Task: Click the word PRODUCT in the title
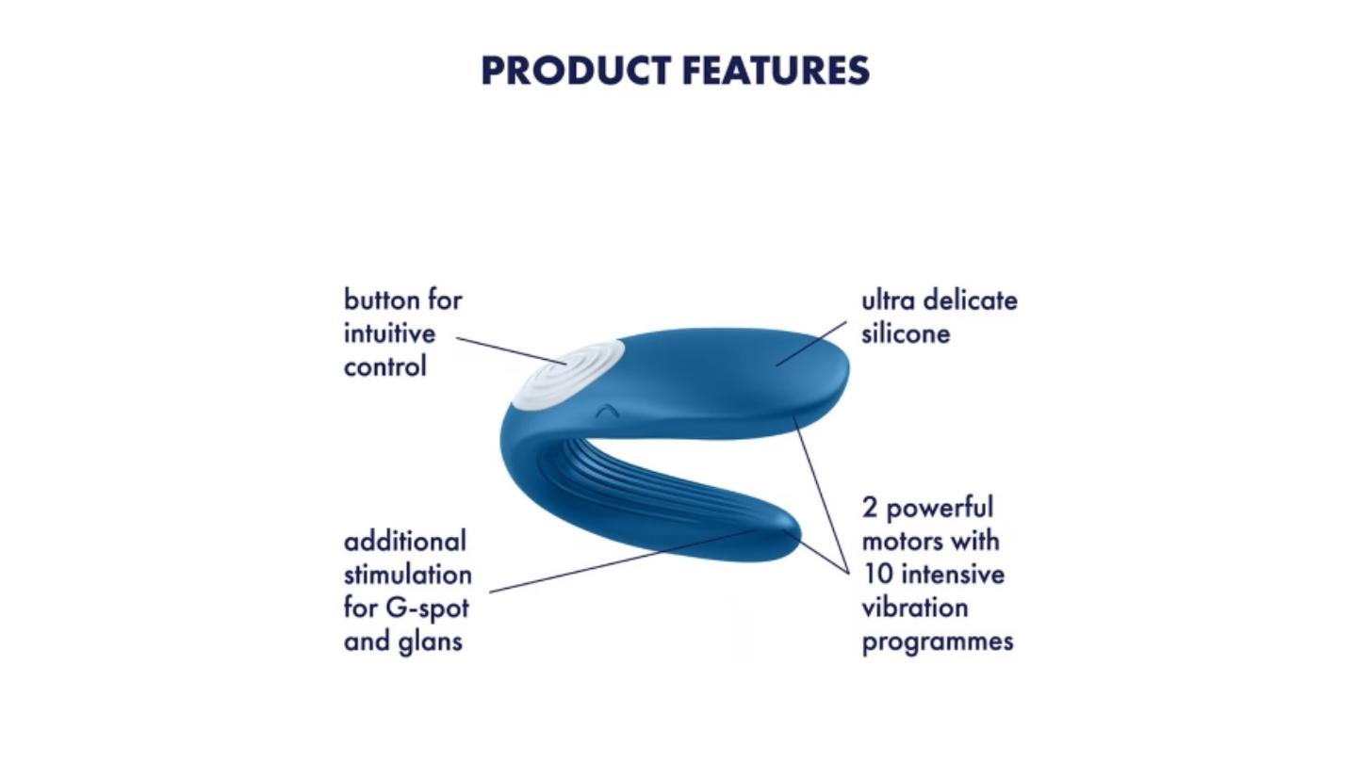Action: (576, 71)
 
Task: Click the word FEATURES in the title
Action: (777, 71)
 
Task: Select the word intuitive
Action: (389, 333)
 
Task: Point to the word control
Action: (385, 366)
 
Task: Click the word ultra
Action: (885, 300)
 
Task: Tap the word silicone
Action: (906, 333)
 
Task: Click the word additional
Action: (404, 541)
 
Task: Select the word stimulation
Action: (408, 574)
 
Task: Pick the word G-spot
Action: (427, 609)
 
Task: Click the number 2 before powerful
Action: (869, 508)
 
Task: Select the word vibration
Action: (915, 608)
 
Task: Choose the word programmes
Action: (937, 641)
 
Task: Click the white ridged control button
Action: (567, 373)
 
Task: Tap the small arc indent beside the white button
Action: (606, 413)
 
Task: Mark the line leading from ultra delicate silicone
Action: (811, 344)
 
